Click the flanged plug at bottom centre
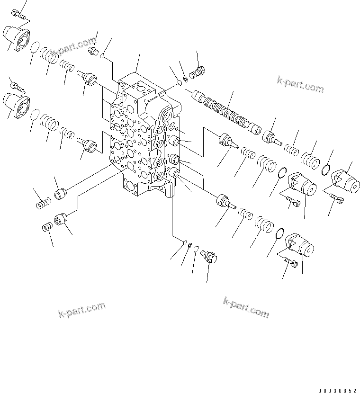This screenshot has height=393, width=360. click(x=209, y=256)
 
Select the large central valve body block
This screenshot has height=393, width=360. click(x=142, y=137)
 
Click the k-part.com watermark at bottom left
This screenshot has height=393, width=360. click(x=81, y=310)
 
